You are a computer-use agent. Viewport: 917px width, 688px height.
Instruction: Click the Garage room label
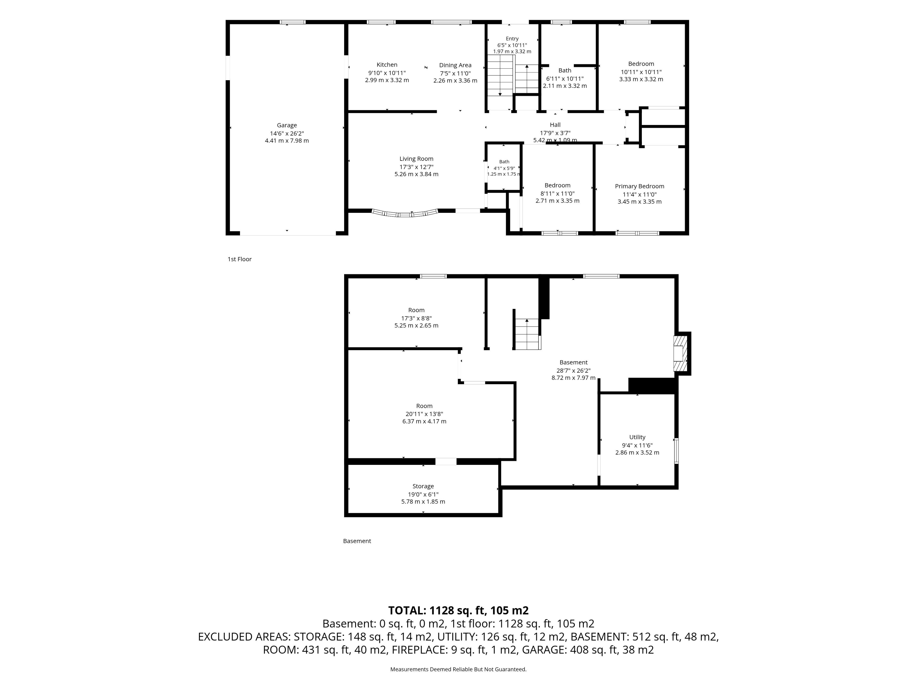(x=287, y=125)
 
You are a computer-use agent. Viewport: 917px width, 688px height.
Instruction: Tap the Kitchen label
(x=387, y=65)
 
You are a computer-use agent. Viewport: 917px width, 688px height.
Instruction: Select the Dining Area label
(x=455, y=65)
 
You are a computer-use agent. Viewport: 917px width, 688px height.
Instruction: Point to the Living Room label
(x=416, y=159)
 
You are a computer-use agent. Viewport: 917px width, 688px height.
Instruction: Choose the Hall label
(x=555, y=125)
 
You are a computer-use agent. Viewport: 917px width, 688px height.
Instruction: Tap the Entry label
(x=512, y=38)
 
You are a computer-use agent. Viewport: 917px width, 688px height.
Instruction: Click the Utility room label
(x=637, y=437)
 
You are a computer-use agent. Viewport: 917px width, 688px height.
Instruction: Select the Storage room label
(x=423, y=486)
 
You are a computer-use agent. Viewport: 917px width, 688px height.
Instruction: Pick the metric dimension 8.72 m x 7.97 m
(x=573, y=378)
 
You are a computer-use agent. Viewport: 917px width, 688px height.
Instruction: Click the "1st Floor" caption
(x=240, y=259)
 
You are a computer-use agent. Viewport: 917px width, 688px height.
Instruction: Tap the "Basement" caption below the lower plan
(x=357, y=541)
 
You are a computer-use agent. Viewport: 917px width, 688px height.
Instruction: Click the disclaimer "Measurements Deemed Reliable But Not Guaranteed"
(x=458, y=669)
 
